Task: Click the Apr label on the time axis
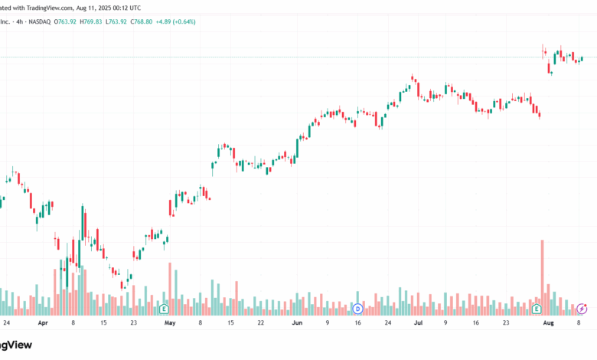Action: [x=43, y=323]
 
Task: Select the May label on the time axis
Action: [x=170, y=323]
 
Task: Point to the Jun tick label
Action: [x=298, y=323]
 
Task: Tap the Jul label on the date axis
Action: [x=418, y=323]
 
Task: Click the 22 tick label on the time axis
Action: [x=261, y=323]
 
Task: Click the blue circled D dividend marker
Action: [x=357, y=309]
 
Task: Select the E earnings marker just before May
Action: [x=164, y=309]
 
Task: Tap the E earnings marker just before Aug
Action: [x=537, y=309]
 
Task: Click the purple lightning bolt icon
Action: [x=582, y=309]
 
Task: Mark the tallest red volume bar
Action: [x=543, y=276]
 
